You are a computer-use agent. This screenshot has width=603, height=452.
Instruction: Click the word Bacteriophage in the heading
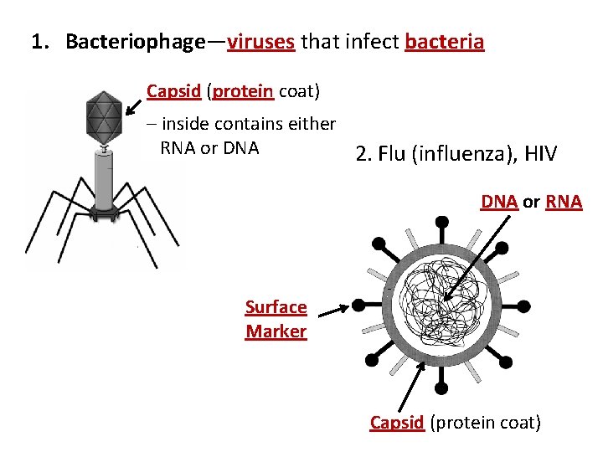135,41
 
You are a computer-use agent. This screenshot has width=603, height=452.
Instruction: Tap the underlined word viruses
260,41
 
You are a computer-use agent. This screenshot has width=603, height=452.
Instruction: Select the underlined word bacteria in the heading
444,41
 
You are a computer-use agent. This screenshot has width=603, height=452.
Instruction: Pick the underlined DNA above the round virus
499,202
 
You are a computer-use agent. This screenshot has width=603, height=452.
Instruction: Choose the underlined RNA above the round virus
564,202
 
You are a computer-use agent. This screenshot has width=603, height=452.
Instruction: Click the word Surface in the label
276,307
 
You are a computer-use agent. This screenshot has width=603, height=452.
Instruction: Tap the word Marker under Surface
276,331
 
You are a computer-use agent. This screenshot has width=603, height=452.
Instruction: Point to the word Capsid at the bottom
397,423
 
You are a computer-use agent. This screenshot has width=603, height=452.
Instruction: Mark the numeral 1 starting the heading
38,41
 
